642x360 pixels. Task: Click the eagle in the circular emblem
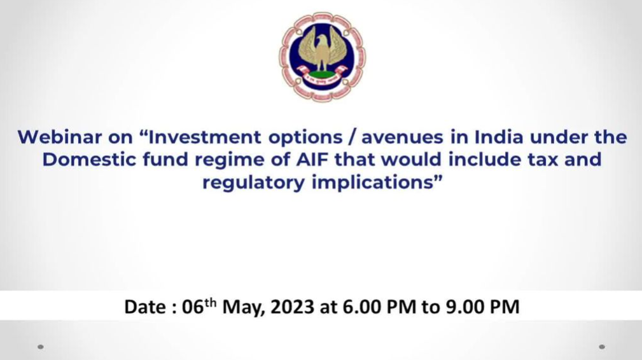click(x=322, y=50)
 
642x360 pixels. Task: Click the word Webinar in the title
click(x=60, y=137)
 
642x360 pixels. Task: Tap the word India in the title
click(x=499, y=137)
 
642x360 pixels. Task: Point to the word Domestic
click(x=90, y=160)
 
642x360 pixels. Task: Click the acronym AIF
click(x=312, y=160)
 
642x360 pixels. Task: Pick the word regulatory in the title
click(x=253, y=183)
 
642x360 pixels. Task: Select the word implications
click(x=373, y=183)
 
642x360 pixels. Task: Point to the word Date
click(x=145, y=307)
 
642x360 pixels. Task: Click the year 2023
click(x=292, y=307)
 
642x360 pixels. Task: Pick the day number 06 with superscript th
click(x=199, y=306)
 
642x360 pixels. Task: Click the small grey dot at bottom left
click(x=41, y=347)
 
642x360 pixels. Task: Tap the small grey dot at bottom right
click(x=602, y=347)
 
